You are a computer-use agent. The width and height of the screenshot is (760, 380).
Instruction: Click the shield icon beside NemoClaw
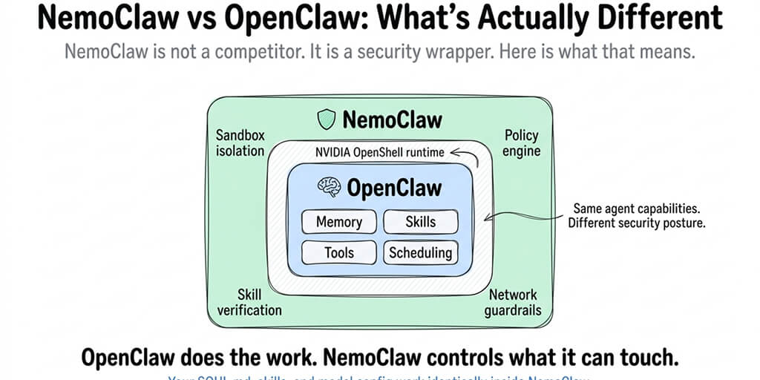(x=327, y=119)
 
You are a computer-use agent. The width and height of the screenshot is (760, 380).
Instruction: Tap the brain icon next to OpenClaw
(x=330, y=188)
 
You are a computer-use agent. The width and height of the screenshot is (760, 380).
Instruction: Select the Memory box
(x=338, y=222)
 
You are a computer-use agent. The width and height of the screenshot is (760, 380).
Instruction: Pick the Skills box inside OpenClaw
(x=420, y=222)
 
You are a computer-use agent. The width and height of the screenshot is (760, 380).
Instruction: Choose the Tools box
(x=338, y=252)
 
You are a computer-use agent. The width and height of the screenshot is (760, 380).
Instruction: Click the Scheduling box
(x=420, y=252)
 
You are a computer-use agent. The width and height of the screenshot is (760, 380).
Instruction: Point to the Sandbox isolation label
(x=240, y=143)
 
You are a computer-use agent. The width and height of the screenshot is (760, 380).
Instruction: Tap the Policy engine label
(x=522, y=143)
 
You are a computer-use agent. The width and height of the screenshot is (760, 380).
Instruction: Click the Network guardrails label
(x=513, y=302)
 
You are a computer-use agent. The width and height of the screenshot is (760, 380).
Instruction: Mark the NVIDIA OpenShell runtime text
(x=379, y=152)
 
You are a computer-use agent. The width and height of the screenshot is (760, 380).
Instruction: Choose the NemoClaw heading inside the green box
(x=391, y=119)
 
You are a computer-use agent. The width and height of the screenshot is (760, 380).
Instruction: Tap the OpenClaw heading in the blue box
(x=393, y=188)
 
